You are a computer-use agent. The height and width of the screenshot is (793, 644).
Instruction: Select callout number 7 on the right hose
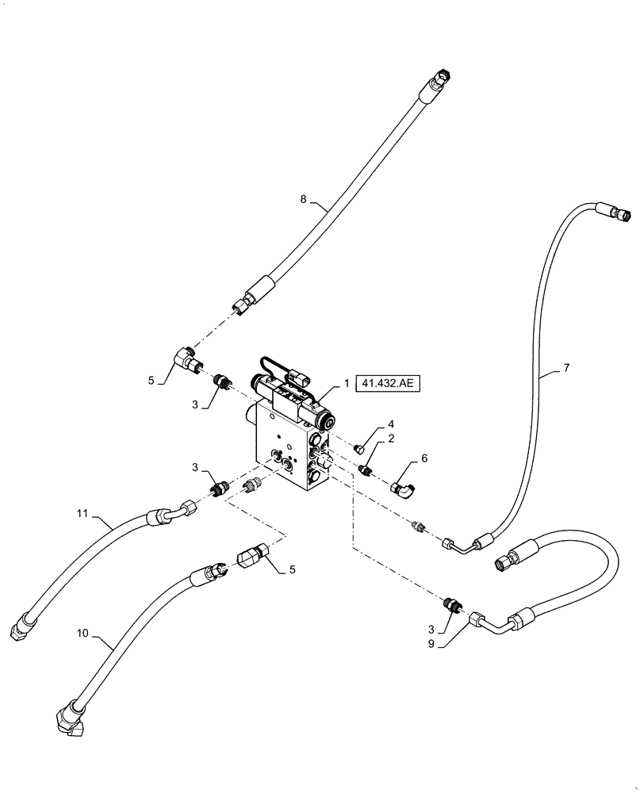tap(566, 369)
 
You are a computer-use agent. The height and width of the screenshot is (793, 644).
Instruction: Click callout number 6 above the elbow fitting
tap(424, 458)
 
